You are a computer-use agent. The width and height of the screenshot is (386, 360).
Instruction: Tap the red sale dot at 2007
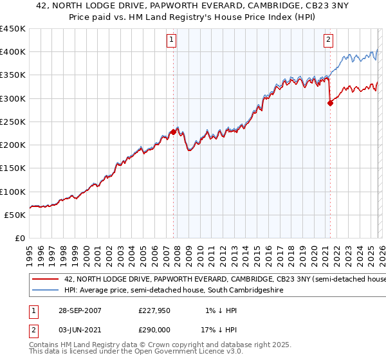coord(173,132)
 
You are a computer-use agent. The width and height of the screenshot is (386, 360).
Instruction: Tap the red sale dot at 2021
coord(330,103)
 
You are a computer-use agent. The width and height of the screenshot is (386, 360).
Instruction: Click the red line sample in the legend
coord(45,280)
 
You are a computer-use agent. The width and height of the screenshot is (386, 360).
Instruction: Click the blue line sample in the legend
coord(45,291)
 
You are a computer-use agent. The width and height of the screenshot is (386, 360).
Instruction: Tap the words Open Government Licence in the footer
coord(154,352)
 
